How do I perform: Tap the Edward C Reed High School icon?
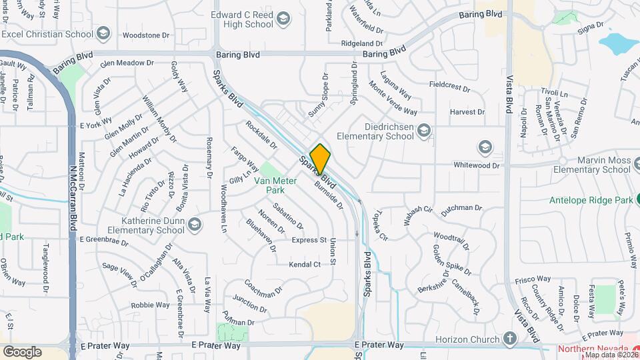pyautogui.click(x=283, y=17)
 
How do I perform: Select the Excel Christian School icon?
pyautogui.click(x=103, y=32)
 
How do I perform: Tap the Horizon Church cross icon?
pyautogui.click(x=511, y=339)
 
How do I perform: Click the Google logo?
pyautogui.click(x=22, y=351)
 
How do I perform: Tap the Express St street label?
pyautogui.click(x=308, y=240)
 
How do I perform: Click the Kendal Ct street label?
pyautogui.click(x=305, y=265)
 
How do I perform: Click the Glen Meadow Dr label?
pyautogui.click(x=127, y=63)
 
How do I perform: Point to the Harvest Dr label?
pyautogui.click(x=467, y=112)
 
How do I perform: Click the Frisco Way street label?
pyautogui.click(x=533, y=280)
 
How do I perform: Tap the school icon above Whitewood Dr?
pyautogui.click(x=485, y=147)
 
